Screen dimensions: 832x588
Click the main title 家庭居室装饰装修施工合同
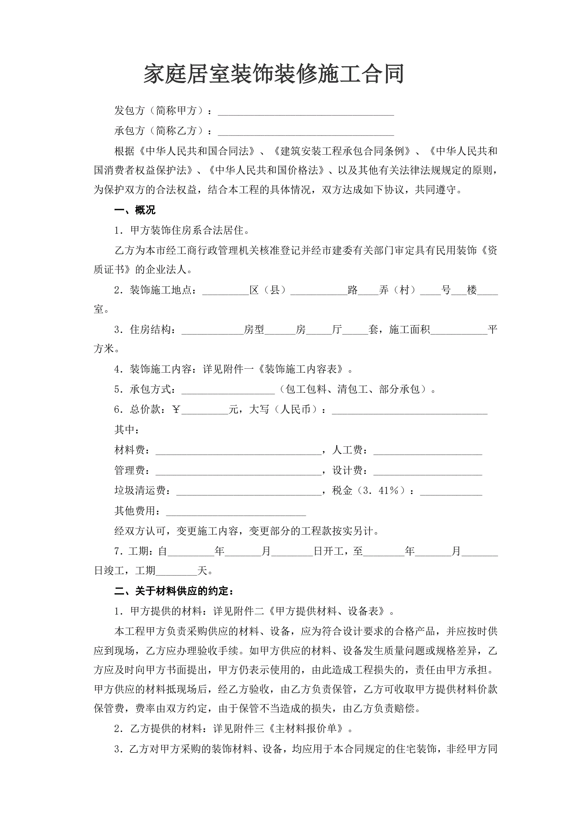[x=274, y=74]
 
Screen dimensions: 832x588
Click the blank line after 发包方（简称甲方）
[x=306, y=111]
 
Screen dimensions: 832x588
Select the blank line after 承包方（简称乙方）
[x=306, y=132]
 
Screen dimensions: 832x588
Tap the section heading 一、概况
[x=135, y=210]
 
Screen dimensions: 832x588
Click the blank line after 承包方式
[x=228, y=390]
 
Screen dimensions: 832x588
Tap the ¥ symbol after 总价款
[x=176, y=410]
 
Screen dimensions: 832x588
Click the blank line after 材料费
[x=238, y=451]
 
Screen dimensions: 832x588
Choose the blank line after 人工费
[x=428, y=451]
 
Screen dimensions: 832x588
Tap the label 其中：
[x=127, y=430]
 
